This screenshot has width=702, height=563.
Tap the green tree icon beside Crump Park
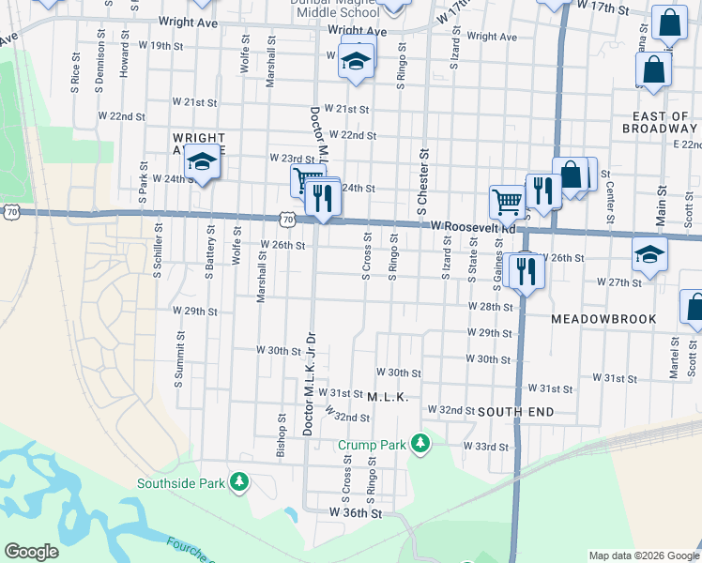tap(422, 442)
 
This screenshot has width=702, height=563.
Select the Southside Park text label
tap(181, 483)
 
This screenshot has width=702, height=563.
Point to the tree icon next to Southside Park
tap(240, 482)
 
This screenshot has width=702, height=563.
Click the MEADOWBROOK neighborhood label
tap(603, 319)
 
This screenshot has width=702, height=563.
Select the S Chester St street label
tap(423, 177)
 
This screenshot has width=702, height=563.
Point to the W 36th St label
tap(356, 513)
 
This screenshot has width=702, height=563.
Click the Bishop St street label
tap(281, 435)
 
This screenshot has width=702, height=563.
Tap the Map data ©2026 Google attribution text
tap(643, 555)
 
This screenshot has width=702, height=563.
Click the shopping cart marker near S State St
tap(507, 201)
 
